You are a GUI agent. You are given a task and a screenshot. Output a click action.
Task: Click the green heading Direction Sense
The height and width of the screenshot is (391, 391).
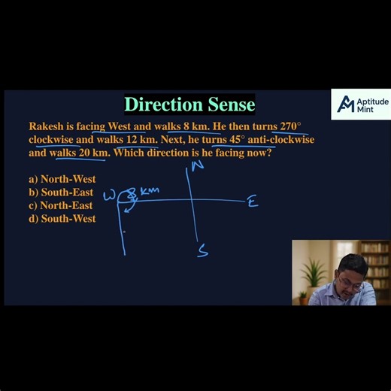(189, 104)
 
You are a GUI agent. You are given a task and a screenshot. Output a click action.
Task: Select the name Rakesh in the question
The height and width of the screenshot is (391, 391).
(46, 127)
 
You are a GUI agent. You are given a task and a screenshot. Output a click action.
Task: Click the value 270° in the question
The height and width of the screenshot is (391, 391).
(290, 127)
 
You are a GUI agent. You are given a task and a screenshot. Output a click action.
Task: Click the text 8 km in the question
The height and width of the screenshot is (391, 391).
(195, 127)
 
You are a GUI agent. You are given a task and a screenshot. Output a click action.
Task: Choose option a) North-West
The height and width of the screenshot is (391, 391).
(62, 179)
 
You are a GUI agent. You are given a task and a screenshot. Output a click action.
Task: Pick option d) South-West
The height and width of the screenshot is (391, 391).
(62, 219)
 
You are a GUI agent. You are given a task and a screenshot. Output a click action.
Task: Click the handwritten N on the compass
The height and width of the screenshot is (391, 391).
(198, 165)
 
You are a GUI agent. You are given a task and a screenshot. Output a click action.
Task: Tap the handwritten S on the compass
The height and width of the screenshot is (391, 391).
(202, 251)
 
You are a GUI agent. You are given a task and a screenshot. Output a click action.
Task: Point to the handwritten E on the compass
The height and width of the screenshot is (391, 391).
(253, 202)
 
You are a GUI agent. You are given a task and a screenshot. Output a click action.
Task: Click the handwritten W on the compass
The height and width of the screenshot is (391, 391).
(110, 196)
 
